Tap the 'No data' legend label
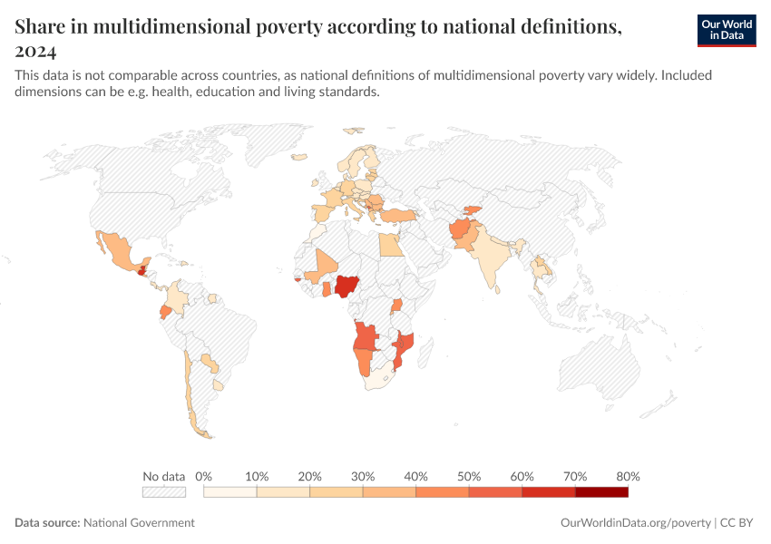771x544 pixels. pyautogui.click(x=163, y=476)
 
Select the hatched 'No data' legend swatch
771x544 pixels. pyautogui.click(x=163, y=492)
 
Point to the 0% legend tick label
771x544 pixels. pyautogui.click(x=204, y=476)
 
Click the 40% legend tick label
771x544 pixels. pyautogui.click(x=416, y=476)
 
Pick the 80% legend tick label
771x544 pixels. pyautogui.click(x=628, y=476)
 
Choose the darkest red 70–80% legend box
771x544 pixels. pyautogui.click(x=601, y=492)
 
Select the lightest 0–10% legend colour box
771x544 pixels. pyautogui.click(x=230, y=492)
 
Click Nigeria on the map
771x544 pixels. pyautogui.click(x=346, y=287)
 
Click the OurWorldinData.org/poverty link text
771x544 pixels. pyautogui.click(x=635, y=522)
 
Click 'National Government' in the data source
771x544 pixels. pyautogui.click(x=139, y=522)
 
